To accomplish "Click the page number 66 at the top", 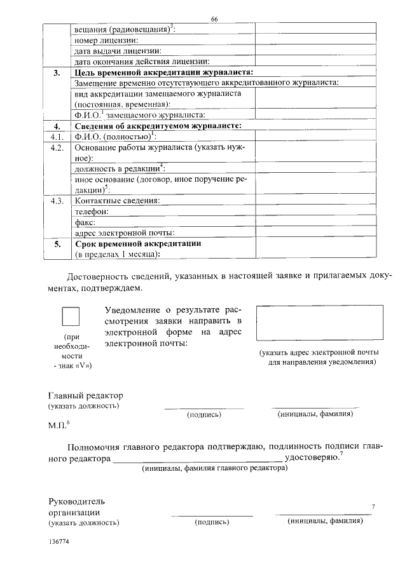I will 214,20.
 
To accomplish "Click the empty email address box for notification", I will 319,323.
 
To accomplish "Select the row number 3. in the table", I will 57,73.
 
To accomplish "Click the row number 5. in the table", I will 57,244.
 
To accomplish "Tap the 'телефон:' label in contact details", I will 92,212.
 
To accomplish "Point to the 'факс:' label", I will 85,222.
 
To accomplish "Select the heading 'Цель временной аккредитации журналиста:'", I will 163,73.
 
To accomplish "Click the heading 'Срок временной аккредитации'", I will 138,244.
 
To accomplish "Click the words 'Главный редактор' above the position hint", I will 85,395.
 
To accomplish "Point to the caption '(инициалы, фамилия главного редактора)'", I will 214,468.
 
